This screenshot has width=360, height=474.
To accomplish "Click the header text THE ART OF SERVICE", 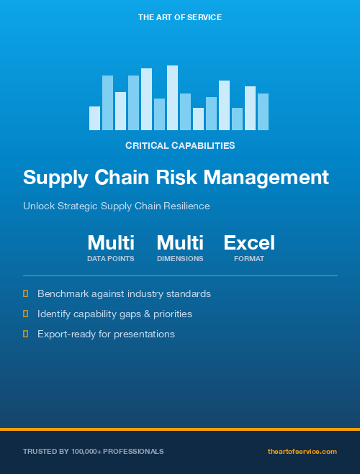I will (179, 17).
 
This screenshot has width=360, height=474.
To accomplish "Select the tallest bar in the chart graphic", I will (172, 97).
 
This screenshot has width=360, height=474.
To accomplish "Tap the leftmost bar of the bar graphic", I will (94, 118).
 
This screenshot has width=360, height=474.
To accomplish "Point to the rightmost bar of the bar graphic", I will (263, 111).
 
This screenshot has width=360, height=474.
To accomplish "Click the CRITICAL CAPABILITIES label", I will (180, 145).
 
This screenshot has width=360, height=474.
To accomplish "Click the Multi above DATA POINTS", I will (111, 242).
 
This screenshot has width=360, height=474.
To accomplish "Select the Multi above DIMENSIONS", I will (180, 242).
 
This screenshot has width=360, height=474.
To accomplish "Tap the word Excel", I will (249, 242).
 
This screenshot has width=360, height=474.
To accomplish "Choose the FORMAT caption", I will (249, 258).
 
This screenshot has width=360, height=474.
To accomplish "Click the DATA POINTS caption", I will (111, 258).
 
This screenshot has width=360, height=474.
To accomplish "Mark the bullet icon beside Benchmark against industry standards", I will (26, 293).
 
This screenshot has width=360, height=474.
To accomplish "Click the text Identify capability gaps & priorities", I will (114, 314).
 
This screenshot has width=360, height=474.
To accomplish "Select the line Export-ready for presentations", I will (106, 334).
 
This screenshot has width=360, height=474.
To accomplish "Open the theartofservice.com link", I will (302, 452).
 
